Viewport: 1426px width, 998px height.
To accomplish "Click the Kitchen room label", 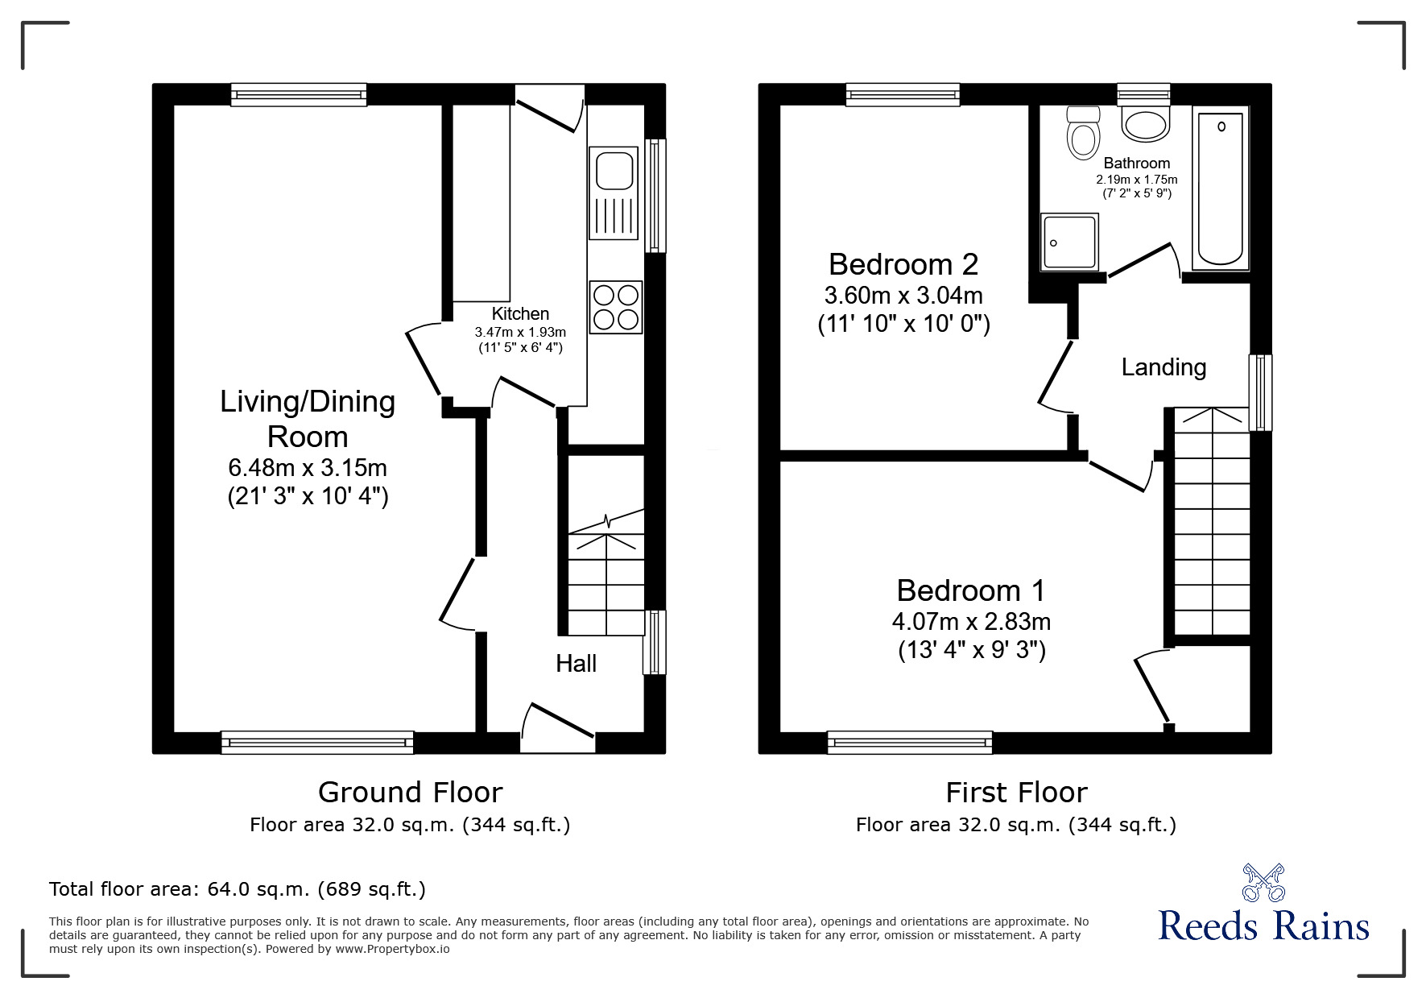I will pyautogui.click(x=520, y=314).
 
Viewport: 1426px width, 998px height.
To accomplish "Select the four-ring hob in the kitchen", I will pyautogui.click(x=616, y=307).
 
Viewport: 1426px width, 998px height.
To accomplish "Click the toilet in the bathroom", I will pyautogui.click(x=1083, y=133).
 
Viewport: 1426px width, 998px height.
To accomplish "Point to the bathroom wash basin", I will pyautogui.click(x=1145, y=125).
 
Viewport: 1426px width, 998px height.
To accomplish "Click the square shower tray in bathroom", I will pyautogui.click(x=1069, y=242).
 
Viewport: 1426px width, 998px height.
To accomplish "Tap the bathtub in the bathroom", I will pyautogui.click(x=1221, y=188).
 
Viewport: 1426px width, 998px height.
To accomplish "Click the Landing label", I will pyautogui.click(x=1164, y=367).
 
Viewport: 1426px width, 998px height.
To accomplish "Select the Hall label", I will pyautogui.click(x=576, y=664).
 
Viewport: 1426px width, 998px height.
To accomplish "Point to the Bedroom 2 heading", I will pyautogui.click(x=903, y=264).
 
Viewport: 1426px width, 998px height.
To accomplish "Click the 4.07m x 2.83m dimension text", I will pyautogui.click(x=971, y=622).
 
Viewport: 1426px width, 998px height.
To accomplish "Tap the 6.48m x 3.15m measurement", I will pyautogui.click(x=308, y=467).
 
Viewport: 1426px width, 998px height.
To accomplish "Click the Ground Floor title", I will pyautogui.click(x=410, y=793).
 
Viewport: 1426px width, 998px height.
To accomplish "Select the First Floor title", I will pyautogui.click(x=1016, y=793).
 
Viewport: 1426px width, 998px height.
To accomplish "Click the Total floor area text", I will pyautogui.click(x=238, y=889).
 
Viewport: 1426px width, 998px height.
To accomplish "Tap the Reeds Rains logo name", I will pyautogui.click(x=1263, y=926).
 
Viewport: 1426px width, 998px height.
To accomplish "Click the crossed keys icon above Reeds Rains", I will pyautogui.click(x=1263, y=882).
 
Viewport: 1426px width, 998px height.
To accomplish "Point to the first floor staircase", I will pyautogui.click(x=1212, y=524).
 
